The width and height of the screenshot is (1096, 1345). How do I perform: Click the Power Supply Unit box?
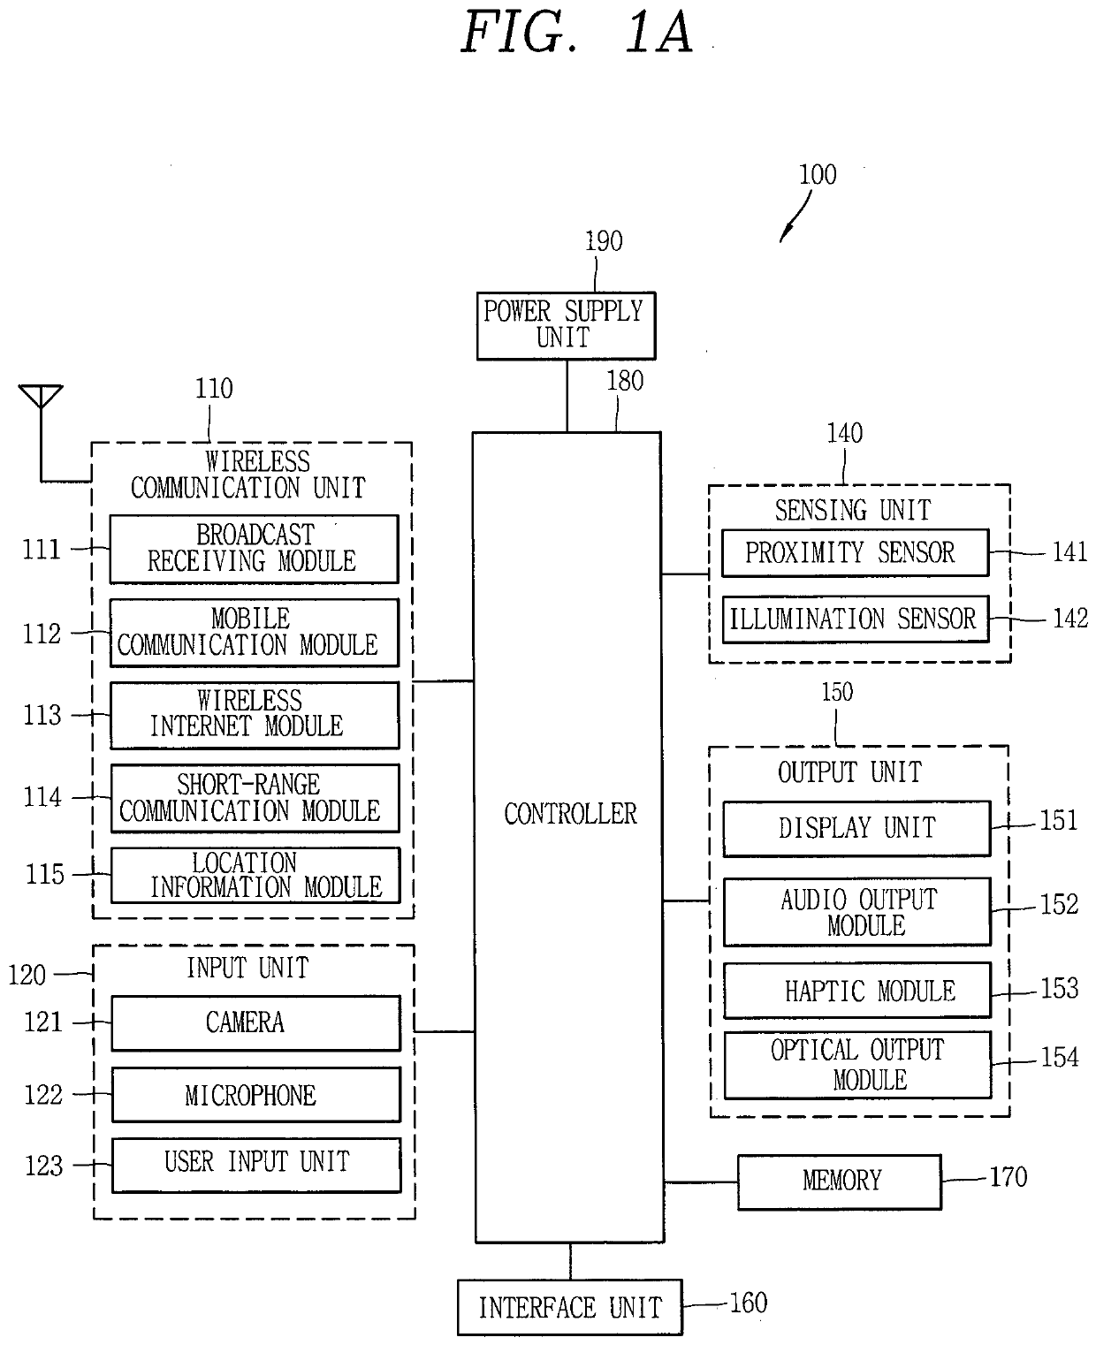(x=566, y=326)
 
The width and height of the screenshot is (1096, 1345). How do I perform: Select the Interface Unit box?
(x=569, y=1307)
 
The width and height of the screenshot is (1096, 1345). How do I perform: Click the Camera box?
(x=255, y=1023)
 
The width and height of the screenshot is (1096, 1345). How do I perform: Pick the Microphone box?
(x=255, y=1094)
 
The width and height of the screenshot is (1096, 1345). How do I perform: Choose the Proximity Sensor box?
(x=855, y=552)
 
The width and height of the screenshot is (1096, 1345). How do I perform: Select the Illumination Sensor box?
(x=856, y=619)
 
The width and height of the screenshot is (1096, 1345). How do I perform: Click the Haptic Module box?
(x=856, y=990)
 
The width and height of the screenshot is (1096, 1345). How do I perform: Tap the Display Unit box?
(x=856, y=828)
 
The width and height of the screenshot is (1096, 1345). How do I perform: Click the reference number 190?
(x=604, y=241)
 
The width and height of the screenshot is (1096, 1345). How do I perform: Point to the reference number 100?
(x=818, y=175)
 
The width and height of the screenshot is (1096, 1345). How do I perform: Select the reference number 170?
(x=1008, y=1177)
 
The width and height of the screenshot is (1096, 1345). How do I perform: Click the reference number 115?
(x=45, y=875)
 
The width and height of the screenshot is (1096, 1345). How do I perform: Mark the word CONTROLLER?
(x=570, y=813)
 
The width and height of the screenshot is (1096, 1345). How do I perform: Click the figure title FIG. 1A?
(x=577, y=32)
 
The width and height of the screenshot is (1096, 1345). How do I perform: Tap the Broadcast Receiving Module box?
(x=254, y=549)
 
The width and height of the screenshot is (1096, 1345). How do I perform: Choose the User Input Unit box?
(x=256, y=1165)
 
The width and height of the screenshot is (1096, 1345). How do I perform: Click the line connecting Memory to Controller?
(x=701, y=1182)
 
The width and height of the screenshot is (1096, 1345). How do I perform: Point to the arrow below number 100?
(x=795, y=216)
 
